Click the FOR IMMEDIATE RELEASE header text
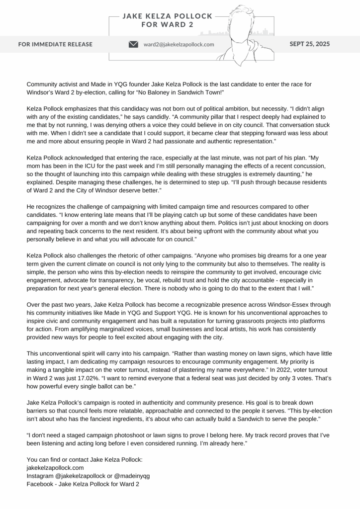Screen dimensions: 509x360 (x=55, y=44)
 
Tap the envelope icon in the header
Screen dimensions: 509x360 (x=133, y=44)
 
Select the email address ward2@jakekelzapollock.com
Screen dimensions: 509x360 (x=179, y=44)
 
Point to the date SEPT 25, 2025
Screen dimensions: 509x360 (x=309, y=44)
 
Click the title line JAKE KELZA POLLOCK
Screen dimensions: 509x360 (x=168, y=16)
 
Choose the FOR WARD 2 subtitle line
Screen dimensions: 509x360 (x=168, y=24)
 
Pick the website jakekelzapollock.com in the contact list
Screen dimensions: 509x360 (x=55, y=467)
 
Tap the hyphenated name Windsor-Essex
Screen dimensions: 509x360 (x=278, y=304)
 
